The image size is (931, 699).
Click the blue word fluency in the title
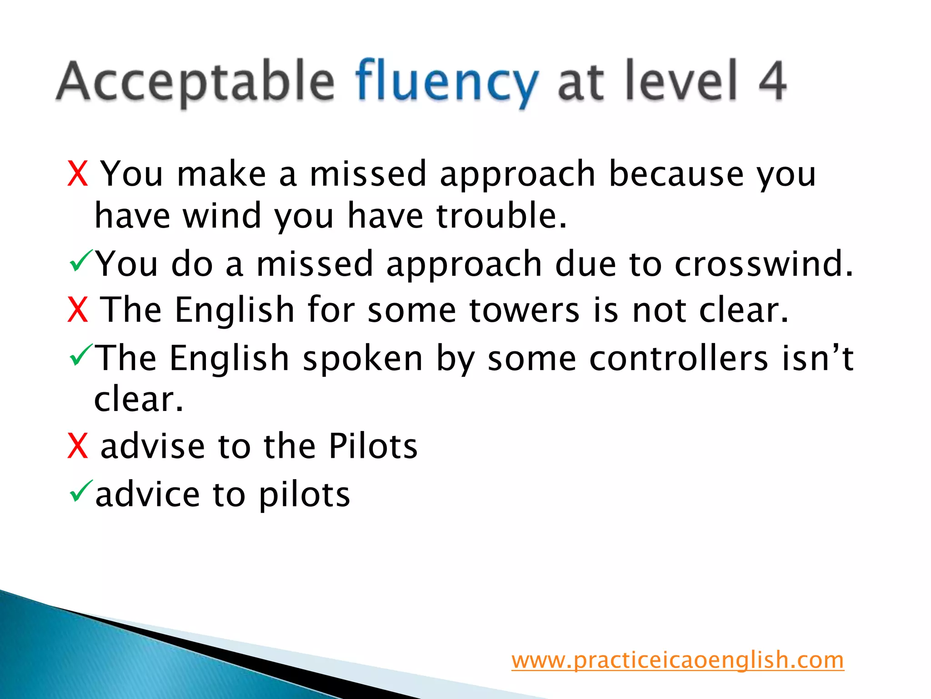447,82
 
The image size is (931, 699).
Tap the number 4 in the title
772,81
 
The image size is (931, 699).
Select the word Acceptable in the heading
195,82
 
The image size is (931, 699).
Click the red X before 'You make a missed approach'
77,174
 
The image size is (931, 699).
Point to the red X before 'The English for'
77,310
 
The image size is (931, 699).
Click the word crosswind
763,264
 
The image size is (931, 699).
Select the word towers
524,310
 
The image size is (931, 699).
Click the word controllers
678,359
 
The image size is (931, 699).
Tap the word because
676,174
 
